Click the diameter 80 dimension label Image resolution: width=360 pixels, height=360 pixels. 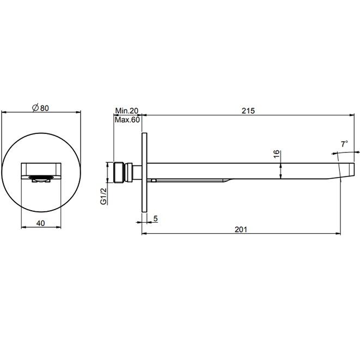coord(41,108)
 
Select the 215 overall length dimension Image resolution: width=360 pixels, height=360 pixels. coord(248,110)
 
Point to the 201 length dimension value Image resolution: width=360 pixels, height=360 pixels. coord(241,229)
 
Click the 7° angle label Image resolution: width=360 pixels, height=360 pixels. coord(344,144)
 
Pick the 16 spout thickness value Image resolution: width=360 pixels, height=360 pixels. coord(276,155)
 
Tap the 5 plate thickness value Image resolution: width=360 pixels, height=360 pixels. coord(156,219)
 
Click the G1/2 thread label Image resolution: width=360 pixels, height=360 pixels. coord(102,195)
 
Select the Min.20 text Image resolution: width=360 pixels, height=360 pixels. coord(127,111)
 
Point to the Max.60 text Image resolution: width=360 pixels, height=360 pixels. coord(128,120)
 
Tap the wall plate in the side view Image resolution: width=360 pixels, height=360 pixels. coord(144,173)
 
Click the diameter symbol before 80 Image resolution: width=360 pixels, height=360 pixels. coord(34,108)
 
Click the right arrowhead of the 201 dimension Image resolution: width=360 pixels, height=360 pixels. coord(339,234)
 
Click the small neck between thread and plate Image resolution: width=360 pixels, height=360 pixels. coord(130,172)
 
